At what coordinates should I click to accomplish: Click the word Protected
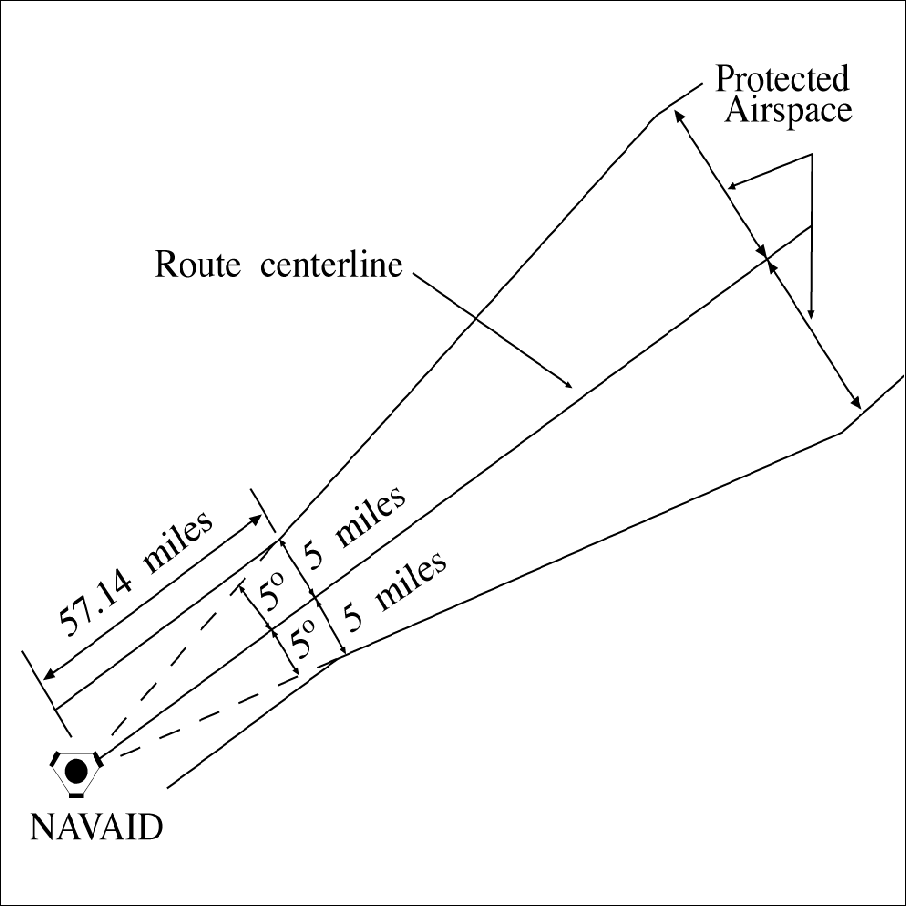pyautogui.click(x=783, y=79)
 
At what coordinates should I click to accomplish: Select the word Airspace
pyautogui.click(x=788, y=111)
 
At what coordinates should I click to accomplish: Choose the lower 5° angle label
pyautogui.click(x=304, y=639)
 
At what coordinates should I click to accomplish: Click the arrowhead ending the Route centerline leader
pyautogui.click(x=570, y=387)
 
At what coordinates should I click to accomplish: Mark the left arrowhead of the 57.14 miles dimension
pyautogui.click(x=48, y=672)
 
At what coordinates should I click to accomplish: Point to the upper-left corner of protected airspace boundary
pyautogui.click(x=658, y=115)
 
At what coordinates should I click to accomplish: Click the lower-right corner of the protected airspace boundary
pyautogui.click(x=842, y=432)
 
